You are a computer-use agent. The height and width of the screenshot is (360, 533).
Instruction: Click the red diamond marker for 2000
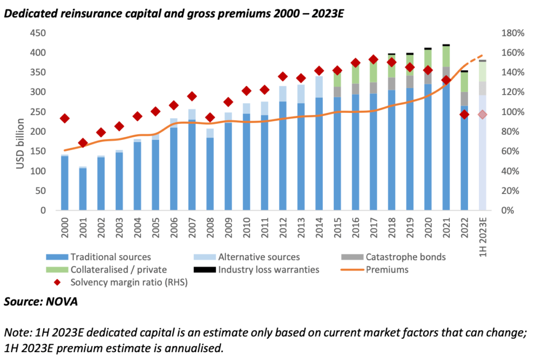(x=65, y=119)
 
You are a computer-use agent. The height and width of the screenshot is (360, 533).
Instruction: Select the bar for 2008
(x=210, y=172)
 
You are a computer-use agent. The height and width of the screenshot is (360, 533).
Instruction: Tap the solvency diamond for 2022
(x=464, y=114)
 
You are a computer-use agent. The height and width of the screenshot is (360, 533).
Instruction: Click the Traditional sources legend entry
(x=110, y=256)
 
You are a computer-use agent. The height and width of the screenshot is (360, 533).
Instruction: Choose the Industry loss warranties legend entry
(x=269, y=269)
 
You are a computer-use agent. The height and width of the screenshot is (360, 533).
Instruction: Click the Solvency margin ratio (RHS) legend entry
(x=122, y=282)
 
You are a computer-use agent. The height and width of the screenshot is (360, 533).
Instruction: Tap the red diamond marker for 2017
(x=373, y=59)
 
